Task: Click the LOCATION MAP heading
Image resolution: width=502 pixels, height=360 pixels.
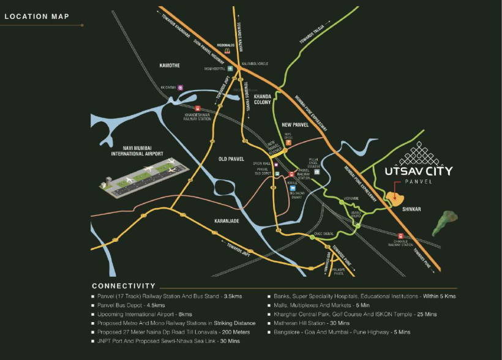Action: pyautogui.click(x=36, y=17)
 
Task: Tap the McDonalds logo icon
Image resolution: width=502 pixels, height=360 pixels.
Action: pyautogui.click(x=227, y=52)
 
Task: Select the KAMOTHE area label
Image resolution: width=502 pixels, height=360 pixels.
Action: pyautogui.click(x=170, y=66)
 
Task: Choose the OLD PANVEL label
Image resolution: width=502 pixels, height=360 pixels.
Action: pyautogui.click(x=232, y=159)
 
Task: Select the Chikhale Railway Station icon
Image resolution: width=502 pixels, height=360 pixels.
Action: pyautogui.click(x=400, y=236)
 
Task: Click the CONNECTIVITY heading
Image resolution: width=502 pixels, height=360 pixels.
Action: pyautogui.click(x=124, y=286)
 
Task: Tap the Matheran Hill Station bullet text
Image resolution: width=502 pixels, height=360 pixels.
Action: pyautogui.click(x=312, y=323)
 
